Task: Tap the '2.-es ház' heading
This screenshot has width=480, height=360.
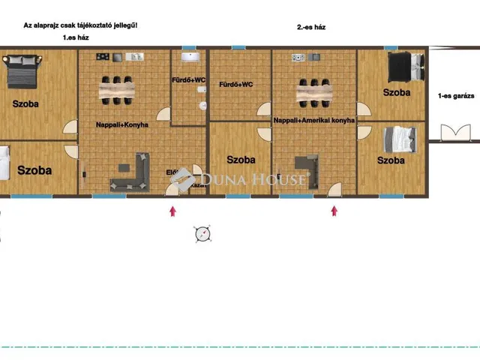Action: pyautogui.click(x=311, y=27)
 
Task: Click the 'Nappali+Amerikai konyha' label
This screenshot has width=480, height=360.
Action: pyautogui.click(x=313, y=120)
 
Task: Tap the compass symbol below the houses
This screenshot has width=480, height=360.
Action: pyautogui.click(x=202, y=234)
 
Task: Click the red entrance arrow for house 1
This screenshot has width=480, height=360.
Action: pyautogui.click(x=173, y=211)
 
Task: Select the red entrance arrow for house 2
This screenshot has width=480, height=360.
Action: pyautogui.click(x=334, y=211)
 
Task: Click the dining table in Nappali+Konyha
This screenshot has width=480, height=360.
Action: pyautogui.click(x=118, y=90)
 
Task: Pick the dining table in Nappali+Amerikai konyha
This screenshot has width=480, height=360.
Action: pyautogui.click(x=313, y=91)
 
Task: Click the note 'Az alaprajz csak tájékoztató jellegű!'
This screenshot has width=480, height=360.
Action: pyautogui.click(x=80, y=25)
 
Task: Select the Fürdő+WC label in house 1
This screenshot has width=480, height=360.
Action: pyautogui.click(x=187, y=80)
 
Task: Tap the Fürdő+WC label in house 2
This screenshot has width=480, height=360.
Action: pyautogui.click(x=235, y=85)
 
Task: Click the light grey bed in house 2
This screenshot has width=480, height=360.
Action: pyautogui.click(x=399, y=139)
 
